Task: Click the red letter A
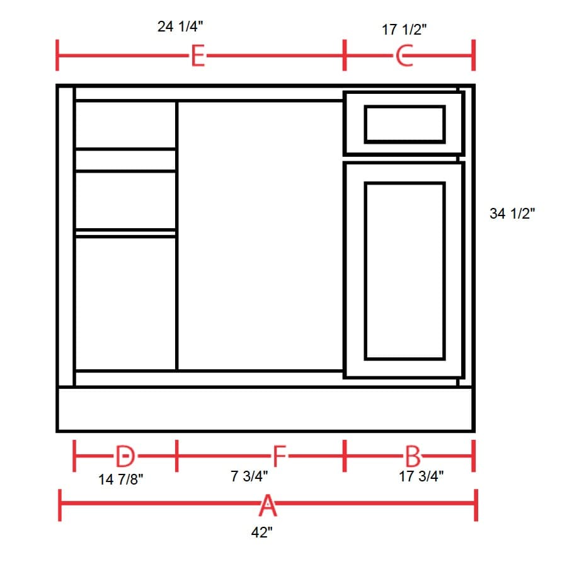[267, 505]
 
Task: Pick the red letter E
[197, 57]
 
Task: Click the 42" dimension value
[262, 532]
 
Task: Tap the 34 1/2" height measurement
[512, 214]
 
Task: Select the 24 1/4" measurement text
[180, 26]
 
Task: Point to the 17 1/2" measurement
[404, 30]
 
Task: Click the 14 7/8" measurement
[121, 480]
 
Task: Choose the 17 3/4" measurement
[421, 476]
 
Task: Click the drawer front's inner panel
[404, 124]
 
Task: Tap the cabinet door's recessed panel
[404, 271]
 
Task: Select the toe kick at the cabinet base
[265, 410]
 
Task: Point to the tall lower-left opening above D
[125, 303]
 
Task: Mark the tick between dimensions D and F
[176, 455]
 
